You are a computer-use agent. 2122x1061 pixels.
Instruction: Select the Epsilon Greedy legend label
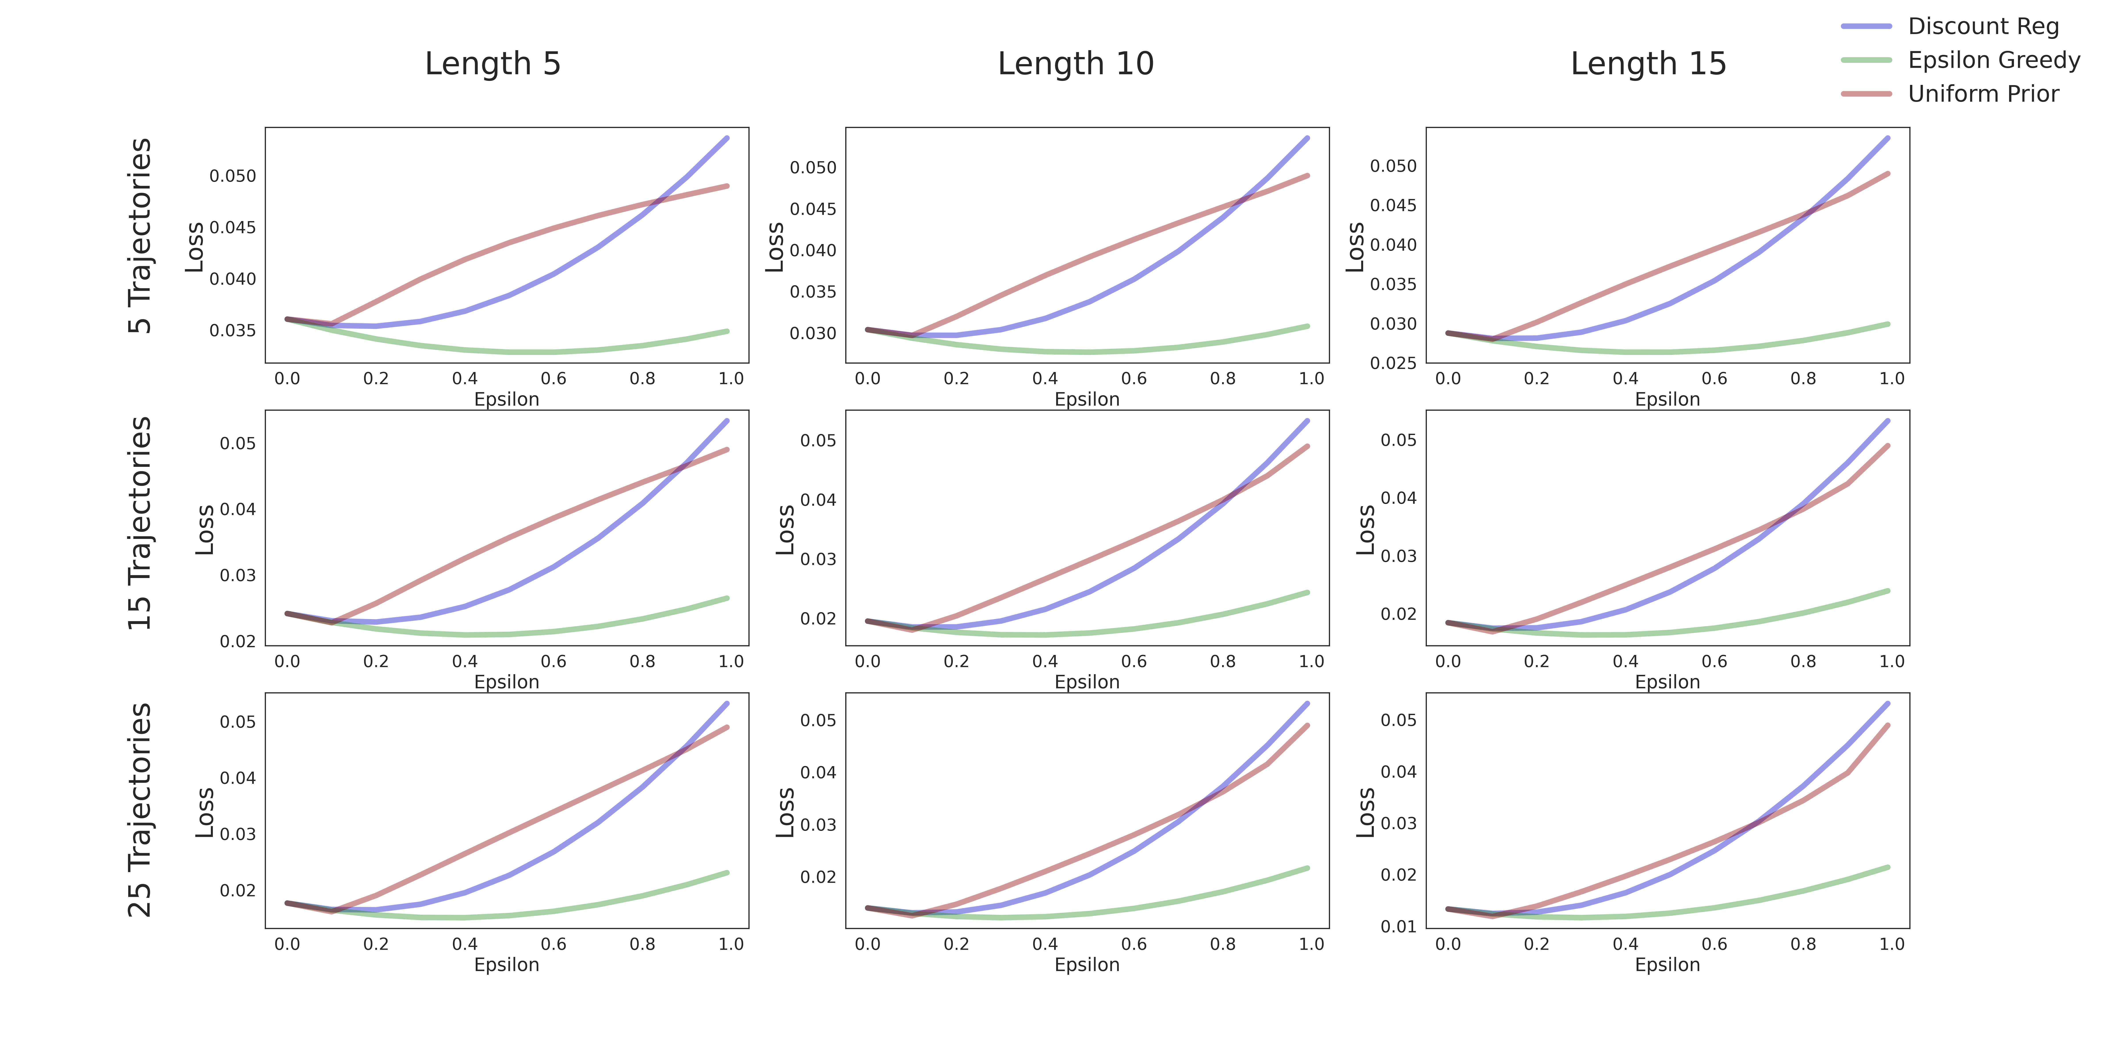(1994, 60)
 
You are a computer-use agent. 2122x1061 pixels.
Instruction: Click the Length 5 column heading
(493, 63)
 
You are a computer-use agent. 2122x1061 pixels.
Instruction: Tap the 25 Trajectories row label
(140, 810)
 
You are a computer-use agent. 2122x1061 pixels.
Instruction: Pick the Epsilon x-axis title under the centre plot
(1087, 682)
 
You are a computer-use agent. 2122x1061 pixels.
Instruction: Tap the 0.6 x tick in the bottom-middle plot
(1134, 944)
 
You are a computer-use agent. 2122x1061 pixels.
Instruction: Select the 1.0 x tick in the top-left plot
(731, 379)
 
